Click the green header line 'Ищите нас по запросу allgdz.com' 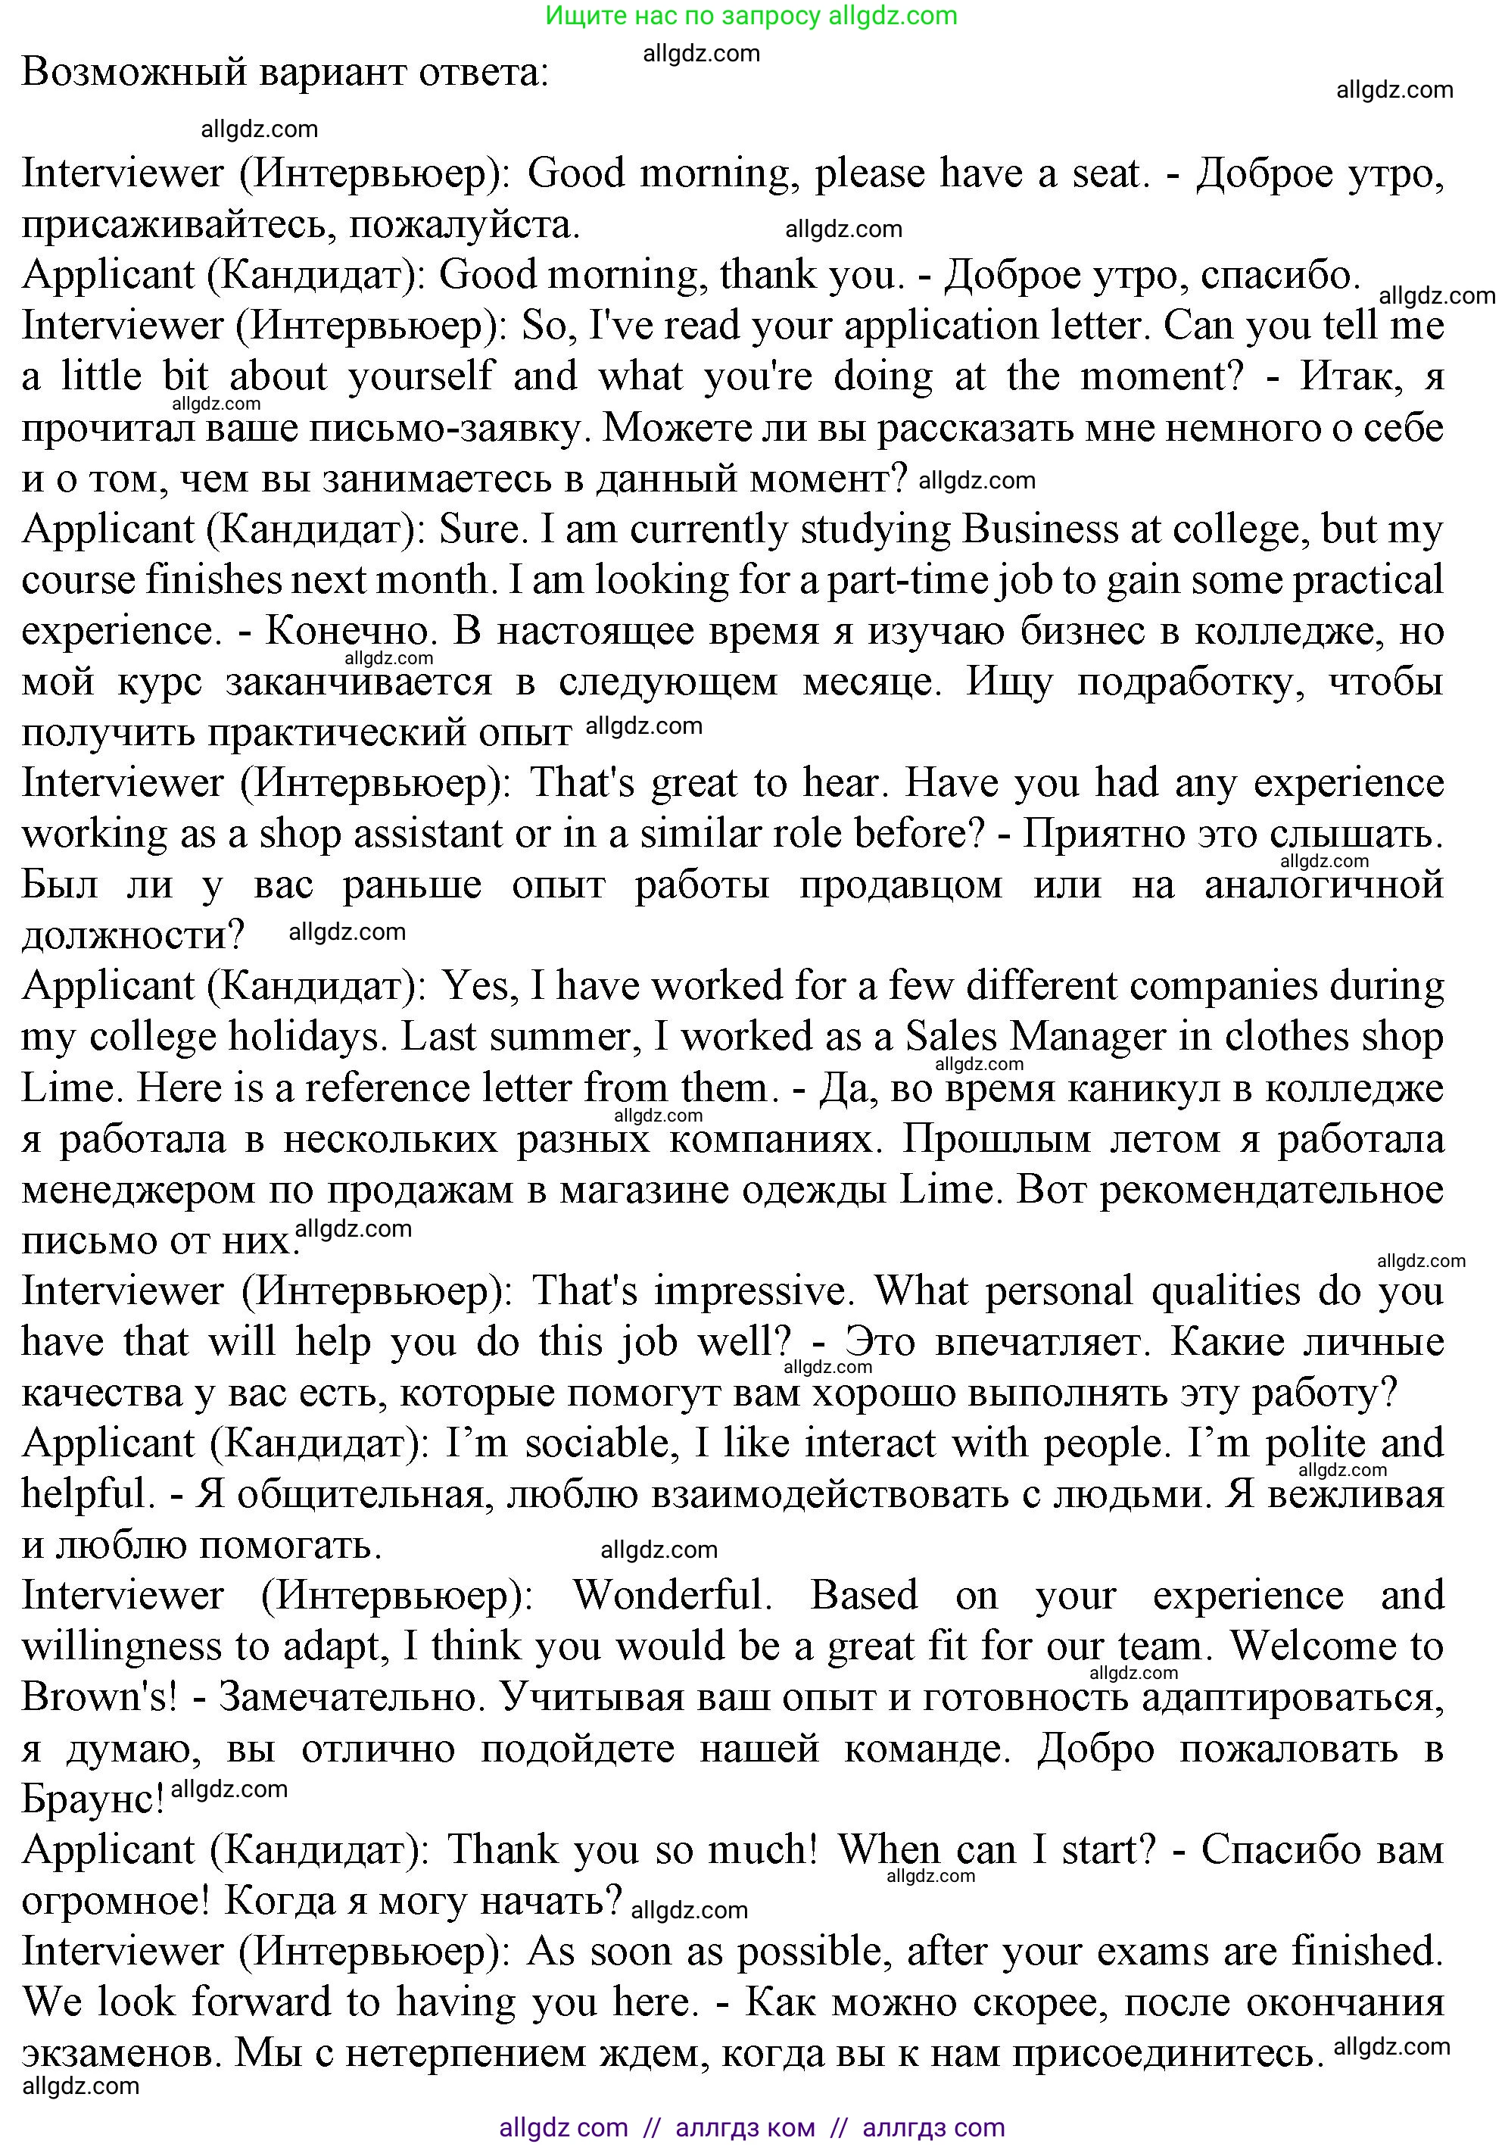(x=751, y=16)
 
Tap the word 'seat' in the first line (x=1108, y=174)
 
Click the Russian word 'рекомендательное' (x=1271, y=1190)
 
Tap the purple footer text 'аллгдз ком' (x=744, y=2127)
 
